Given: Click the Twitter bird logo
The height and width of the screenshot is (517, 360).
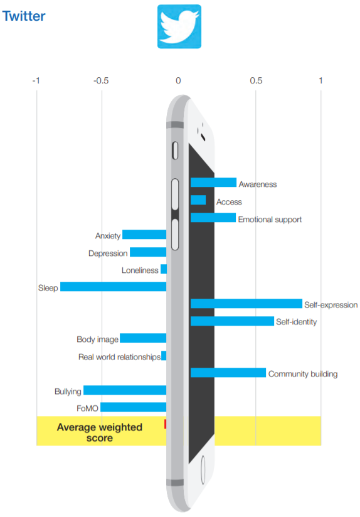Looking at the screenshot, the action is tap(179, 26).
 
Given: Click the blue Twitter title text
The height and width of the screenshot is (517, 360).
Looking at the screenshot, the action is tap(24, 16).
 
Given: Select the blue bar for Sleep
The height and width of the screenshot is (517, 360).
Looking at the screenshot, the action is tap(113, 287).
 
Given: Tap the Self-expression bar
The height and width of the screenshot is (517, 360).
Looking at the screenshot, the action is tap(246, 303).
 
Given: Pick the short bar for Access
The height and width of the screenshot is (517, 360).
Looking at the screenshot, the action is tap(198, 200).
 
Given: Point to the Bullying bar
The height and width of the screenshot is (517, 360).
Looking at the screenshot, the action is tap(125, 390).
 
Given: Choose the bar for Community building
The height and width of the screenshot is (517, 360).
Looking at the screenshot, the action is tap(228, 373).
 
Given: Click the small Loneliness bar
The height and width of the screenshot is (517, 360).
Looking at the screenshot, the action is tap(164, 269).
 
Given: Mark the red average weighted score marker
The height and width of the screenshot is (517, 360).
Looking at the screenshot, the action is tap(165, 424).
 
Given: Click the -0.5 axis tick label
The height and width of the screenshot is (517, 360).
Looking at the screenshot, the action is tap(101, 81).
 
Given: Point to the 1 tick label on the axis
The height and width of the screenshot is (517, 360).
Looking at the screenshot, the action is tap(320, 80).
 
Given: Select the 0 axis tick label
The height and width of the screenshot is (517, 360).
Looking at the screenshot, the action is tap(178, 80).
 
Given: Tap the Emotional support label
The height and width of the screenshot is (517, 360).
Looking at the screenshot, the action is tap(270, 219).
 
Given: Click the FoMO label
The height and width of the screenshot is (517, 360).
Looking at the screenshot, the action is tap(87, 408).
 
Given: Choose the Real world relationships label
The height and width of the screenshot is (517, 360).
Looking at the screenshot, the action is tap(119, 357).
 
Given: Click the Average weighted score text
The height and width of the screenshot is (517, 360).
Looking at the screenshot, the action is tap(100, 432).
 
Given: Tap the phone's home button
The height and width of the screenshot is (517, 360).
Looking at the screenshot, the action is tap(203, 470).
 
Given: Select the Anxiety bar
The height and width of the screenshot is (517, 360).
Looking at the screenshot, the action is tap(144, 235).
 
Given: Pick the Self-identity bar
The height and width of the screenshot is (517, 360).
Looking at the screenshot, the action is tap(232, 321).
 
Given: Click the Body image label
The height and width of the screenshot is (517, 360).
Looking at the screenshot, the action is tap(97, 339).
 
